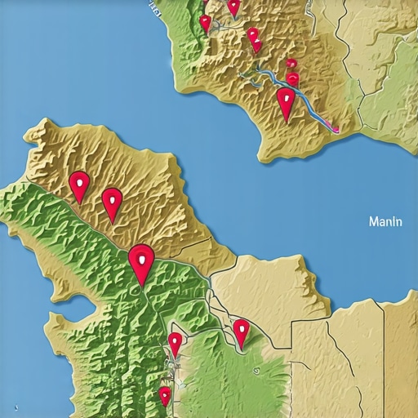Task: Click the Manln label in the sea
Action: [385, 220]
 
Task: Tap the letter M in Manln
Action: [373, 220]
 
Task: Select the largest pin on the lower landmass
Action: [142, 261]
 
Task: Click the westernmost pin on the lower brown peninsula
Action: [79, 185]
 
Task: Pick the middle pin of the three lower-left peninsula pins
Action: [112, 202]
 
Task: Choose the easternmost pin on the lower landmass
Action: [241, 331]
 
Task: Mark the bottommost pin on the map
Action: [165, 396]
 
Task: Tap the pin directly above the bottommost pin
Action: [175, 343]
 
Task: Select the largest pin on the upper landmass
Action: [285, 103]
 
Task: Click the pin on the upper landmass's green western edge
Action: [205, 23]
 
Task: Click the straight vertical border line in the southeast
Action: [384, 359]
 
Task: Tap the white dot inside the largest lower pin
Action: [142, 258]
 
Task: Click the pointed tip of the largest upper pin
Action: [286, 121]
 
